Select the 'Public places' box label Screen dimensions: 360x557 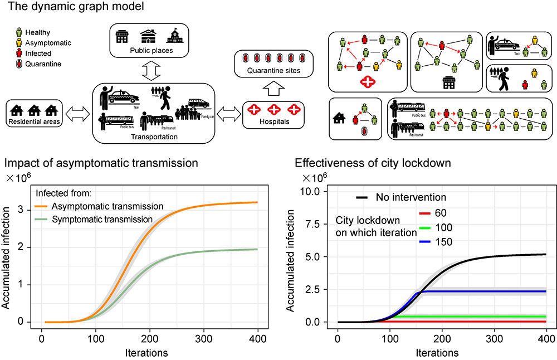click(x=150, y=51)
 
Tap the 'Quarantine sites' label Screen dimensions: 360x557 click(x=273, y=71)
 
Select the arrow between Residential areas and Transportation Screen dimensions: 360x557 click(x=77, y=114)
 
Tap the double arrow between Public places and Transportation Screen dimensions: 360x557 click(x=152, y=71)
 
